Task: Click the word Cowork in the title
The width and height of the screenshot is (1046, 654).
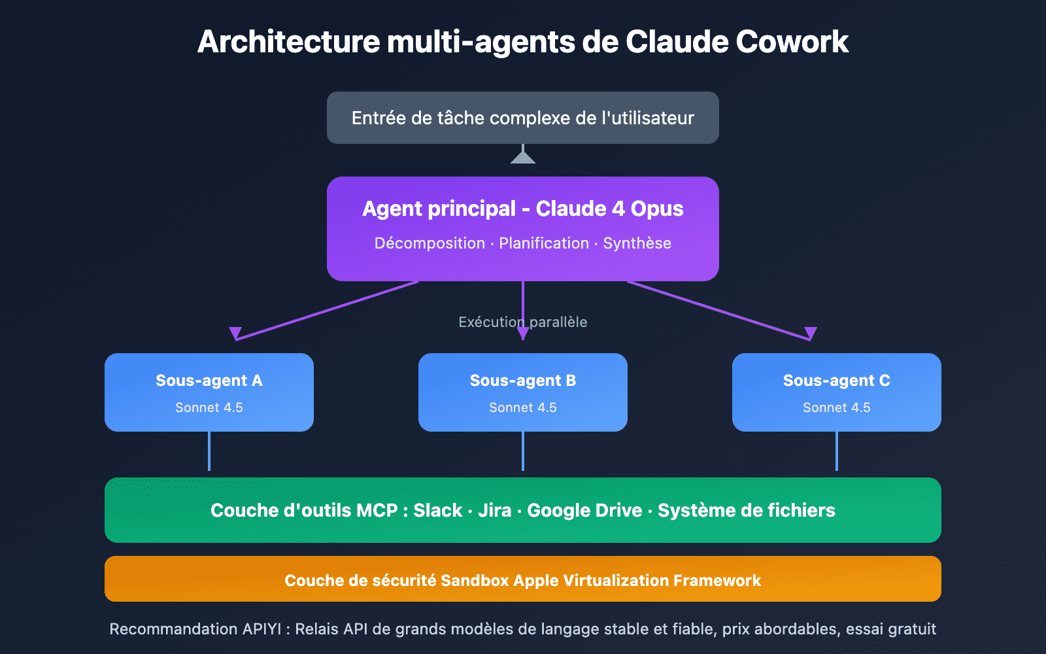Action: [x=792, y=42]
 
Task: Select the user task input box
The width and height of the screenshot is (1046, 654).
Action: [x=522, y=118]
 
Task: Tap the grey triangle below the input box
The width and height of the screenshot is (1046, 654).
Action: [x=522, y=157]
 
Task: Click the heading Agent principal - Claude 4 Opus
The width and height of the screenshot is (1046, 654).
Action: [x=522, y=209]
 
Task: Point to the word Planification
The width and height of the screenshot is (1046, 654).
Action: [x=544, y=243]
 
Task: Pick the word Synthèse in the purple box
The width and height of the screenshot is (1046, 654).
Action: [x=637, y=243]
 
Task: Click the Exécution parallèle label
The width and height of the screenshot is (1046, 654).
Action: [x=522, y=322]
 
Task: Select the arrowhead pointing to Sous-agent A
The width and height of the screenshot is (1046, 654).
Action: [x=235, y=333]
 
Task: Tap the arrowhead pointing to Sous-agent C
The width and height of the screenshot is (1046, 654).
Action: [x=811, y=333]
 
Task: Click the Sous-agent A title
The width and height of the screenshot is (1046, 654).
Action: [x=209, y=381]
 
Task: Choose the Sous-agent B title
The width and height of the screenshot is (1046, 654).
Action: [x=522, y=381]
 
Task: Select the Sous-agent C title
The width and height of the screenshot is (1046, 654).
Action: [x=836, y=381]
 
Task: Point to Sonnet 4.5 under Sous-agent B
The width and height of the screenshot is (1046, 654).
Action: [x=522, y=407]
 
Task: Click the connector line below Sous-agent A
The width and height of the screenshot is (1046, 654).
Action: [x=209, y=451]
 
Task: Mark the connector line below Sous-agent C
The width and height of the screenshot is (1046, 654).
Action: [x=837, y=451]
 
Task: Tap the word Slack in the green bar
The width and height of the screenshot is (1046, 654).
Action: [x=437, y=510]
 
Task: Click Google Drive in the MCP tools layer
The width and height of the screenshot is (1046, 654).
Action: [x=584, y=510]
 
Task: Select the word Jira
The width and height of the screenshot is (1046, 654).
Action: [x=494, y=510]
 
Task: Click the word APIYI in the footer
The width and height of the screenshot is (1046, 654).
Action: [x=261, y=629]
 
